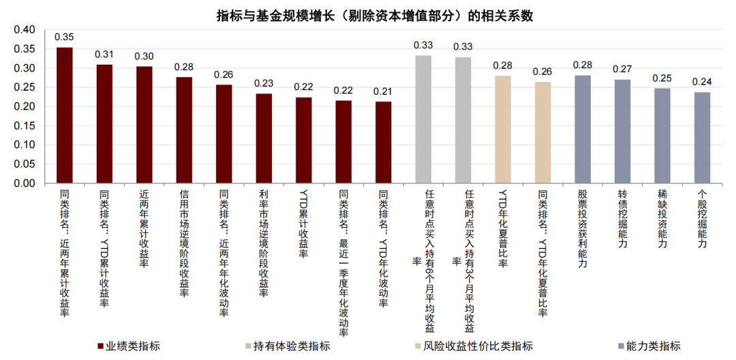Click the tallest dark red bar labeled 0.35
tap(64, 116)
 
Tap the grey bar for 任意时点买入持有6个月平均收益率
tap(423, 119)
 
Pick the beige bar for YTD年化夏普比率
tap(503, 130)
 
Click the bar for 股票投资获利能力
tap(583, 130)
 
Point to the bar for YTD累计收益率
tap(303, 140)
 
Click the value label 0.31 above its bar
tap(104, 55)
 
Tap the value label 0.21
tap(383, 92)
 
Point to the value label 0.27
tap(622, 70)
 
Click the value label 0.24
tap(702, 82)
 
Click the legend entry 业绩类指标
tap(132, 346)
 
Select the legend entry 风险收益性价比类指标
tap(477, 346)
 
